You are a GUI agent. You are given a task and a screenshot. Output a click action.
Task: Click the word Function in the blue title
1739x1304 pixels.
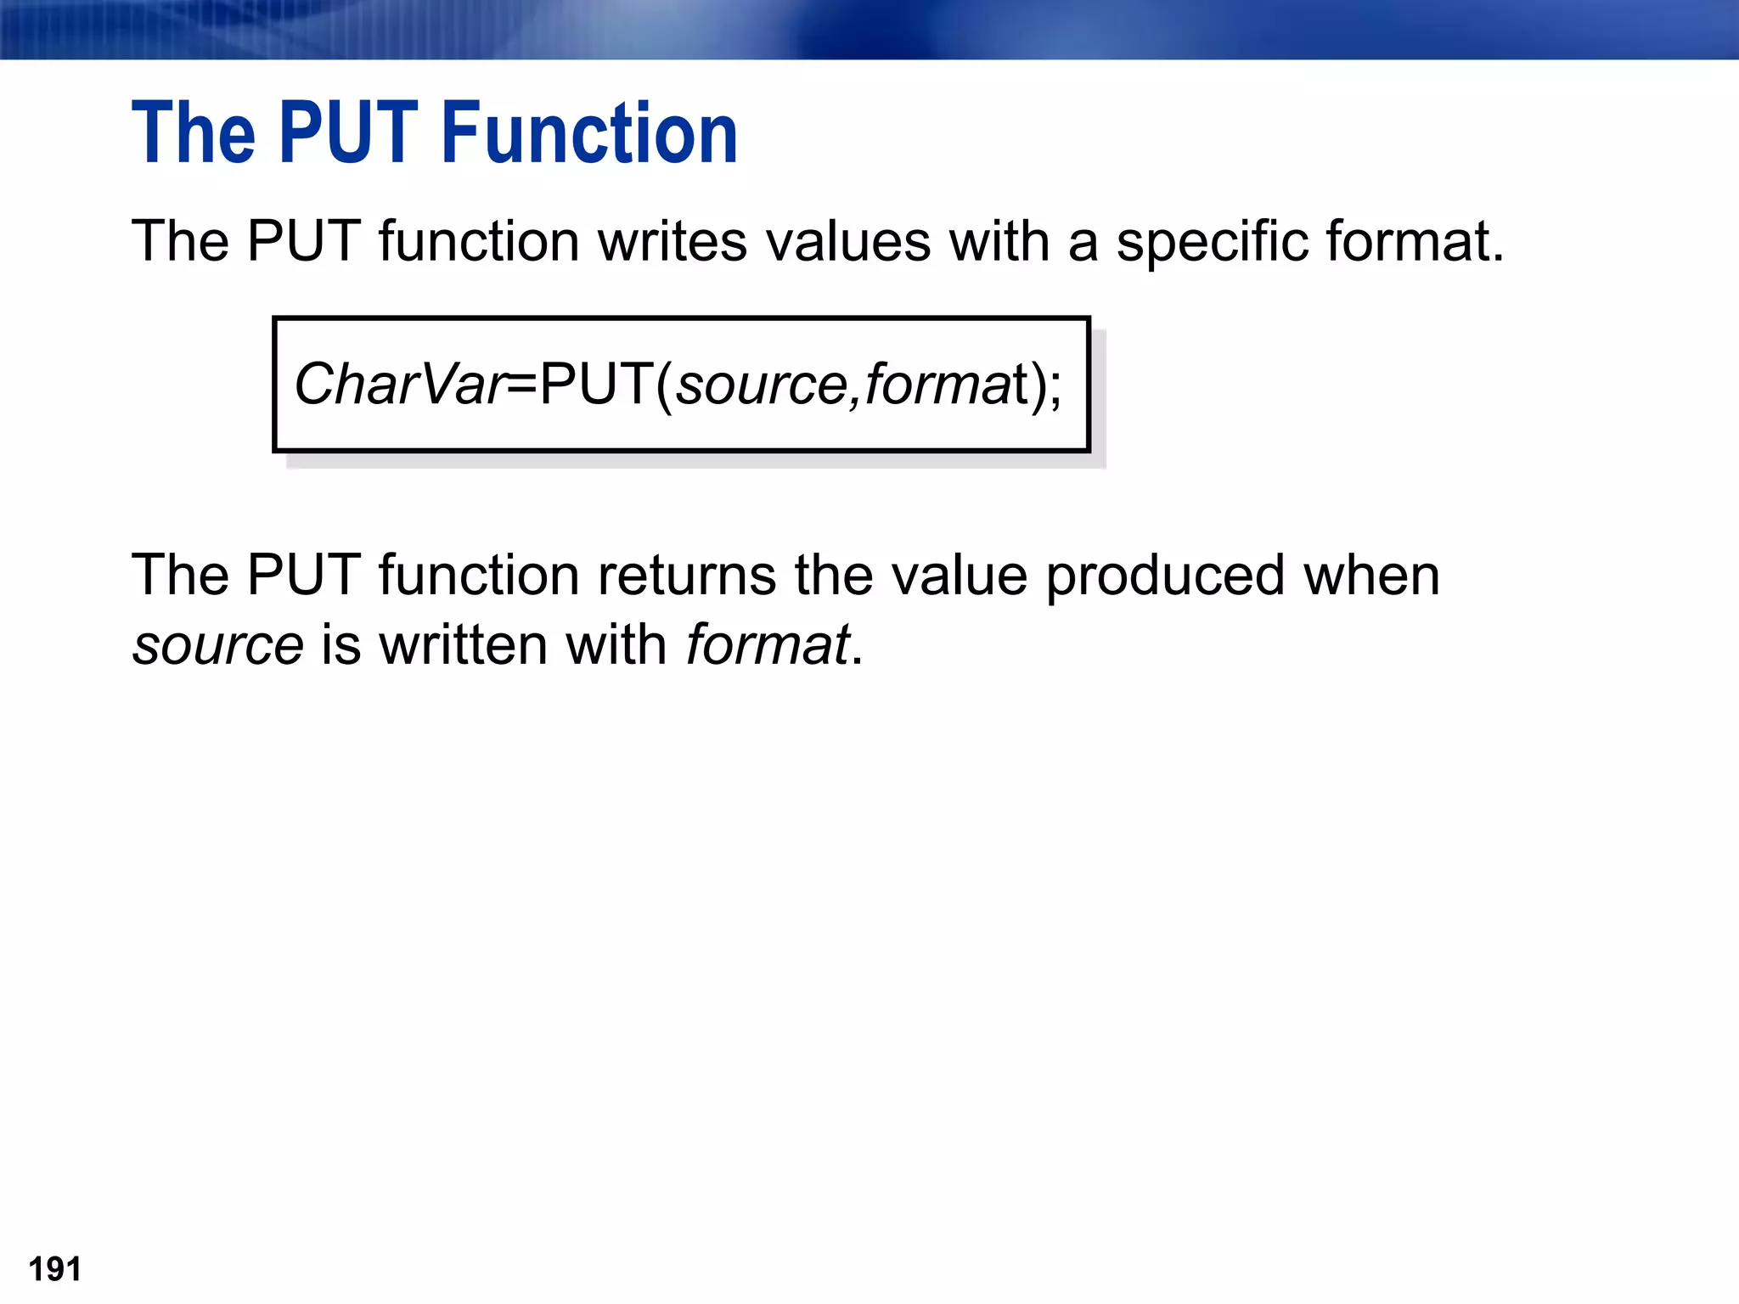coord(589,133)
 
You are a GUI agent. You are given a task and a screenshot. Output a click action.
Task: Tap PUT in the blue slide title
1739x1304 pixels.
coord(348,133)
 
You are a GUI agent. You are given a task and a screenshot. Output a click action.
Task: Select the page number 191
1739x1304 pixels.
coord(55,1269)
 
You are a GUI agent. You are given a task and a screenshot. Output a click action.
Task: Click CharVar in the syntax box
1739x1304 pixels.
coord(399,385)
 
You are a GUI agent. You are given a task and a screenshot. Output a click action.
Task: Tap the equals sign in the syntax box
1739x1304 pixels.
coord(521,385)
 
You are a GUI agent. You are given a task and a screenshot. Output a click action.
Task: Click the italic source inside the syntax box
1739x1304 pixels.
coord(760,385)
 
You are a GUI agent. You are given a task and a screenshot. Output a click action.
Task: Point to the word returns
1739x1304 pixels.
coord(686,576)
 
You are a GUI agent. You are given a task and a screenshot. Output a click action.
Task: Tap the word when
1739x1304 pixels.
coord(1371,576)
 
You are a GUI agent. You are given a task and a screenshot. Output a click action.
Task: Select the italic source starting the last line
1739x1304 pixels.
coord(218,645)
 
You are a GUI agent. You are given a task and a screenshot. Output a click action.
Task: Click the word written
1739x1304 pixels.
coord(463,645)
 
